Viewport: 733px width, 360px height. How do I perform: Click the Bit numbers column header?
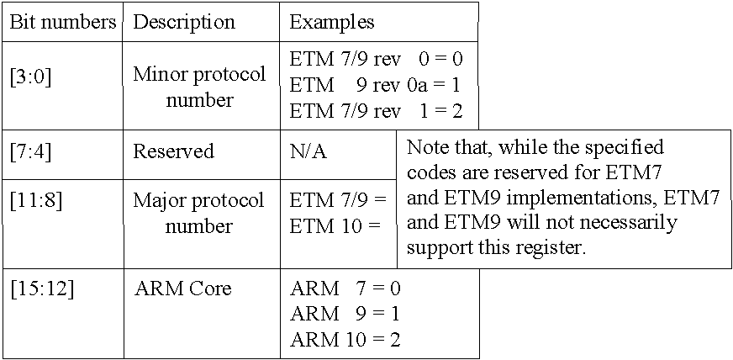point(63,23)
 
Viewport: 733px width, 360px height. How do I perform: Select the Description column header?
point(184,23)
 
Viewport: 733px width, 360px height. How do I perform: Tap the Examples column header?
point(332,23)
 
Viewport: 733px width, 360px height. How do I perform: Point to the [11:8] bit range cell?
point(35,201)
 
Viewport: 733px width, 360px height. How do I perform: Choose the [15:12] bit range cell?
point(41,289)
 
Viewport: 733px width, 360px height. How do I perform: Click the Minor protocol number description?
point(199,87)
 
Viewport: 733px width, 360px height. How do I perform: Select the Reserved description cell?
point(174,151)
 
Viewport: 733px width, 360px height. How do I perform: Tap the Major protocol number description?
point(198,213)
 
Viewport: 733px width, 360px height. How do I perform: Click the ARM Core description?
point(182,289)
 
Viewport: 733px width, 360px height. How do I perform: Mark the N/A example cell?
point(308,152)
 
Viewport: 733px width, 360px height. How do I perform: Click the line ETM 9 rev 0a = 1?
point(376,86)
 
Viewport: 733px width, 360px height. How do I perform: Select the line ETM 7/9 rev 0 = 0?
point(377,60)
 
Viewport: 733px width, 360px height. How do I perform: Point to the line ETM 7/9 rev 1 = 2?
point(377,111)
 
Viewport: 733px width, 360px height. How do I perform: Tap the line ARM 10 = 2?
point(345,340)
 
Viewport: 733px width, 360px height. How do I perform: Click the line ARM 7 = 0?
point(345,289)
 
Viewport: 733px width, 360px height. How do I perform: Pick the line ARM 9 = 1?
point(345,315)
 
